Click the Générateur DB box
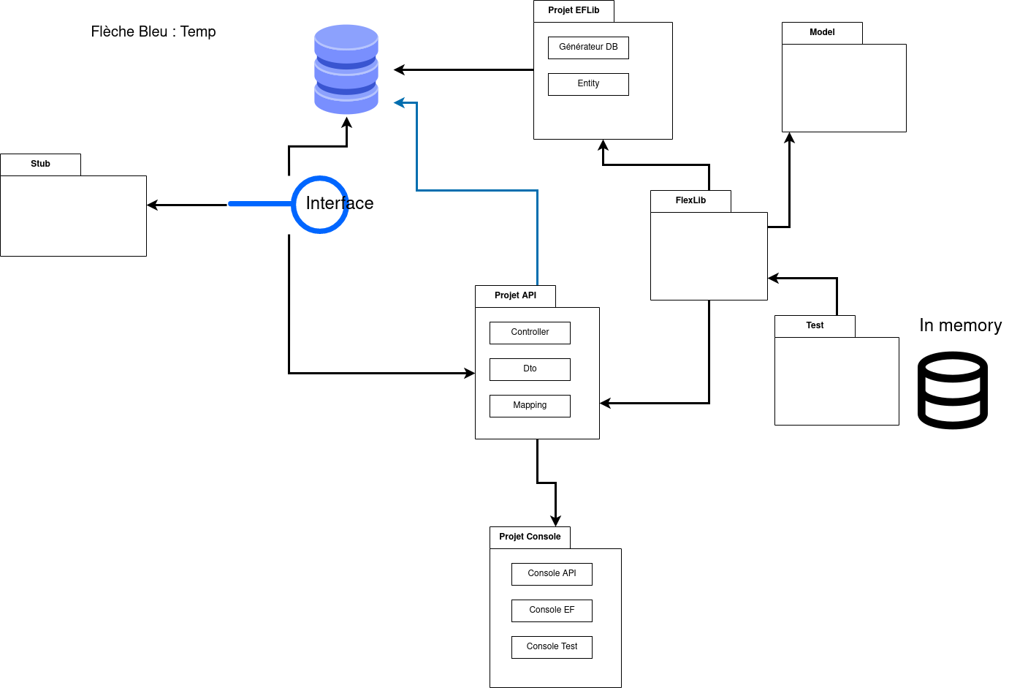click(x=588, y=48)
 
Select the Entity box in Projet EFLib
click(x=588, y=84)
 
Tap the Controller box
click(x=530, y=333)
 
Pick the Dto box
click(x=530, y=369)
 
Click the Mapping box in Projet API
click(x=530, y=406)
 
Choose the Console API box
click(x=552, y=574)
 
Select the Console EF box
click(x=552, y=610)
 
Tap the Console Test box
click(x=552, y=647)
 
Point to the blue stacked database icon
click(x=346, y=69)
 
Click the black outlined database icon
click(x=953, y=390)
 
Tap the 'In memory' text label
click(x=960, y=325)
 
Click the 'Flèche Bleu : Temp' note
click(x=153, y=31)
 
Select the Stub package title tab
click(x=40, y=165)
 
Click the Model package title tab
click(x=822, y=33)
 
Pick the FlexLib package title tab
click(x=690, y=201)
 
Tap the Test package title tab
click(x=815, y=326)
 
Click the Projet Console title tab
click(x=530, y=537)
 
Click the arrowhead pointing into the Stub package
click(x=152, y=205)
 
